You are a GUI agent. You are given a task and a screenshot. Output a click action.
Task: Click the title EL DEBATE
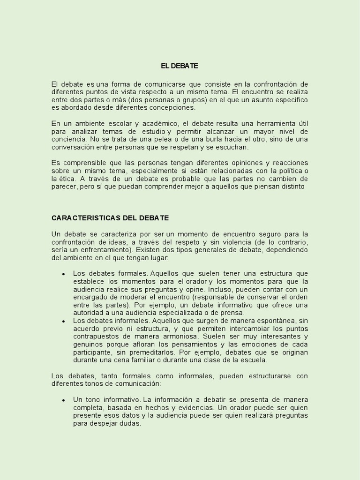click(x=180, y=66)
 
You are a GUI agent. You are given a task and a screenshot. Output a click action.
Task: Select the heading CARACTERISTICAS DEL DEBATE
click(x=110, y=218)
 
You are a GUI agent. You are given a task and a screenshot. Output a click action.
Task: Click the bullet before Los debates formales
click(x=63, y=274)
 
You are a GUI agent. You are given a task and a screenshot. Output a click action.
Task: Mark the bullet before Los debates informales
click(x=63, y=322)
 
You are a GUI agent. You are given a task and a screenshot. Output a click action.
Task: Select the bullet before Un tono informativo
click(x=63, y=400)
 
